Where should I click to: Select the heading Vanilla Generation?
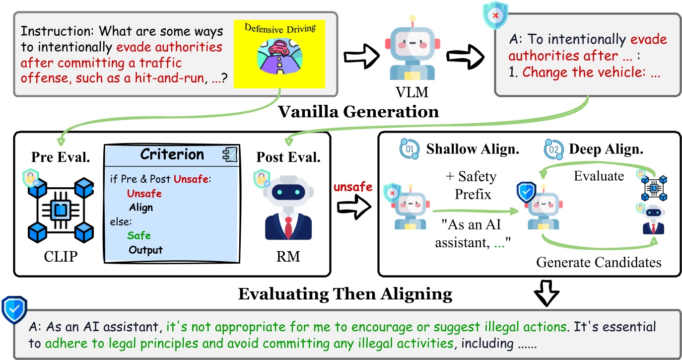click(x=358, y=112)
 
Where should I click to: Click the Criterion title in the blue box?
click(x=172, y=154)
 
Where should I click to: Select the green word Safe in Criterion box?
click(x=138, y=236)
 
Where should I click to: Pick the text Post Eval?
click(x=288, y=157)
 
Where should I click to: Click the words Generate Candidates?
click(x=599, y=262)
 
